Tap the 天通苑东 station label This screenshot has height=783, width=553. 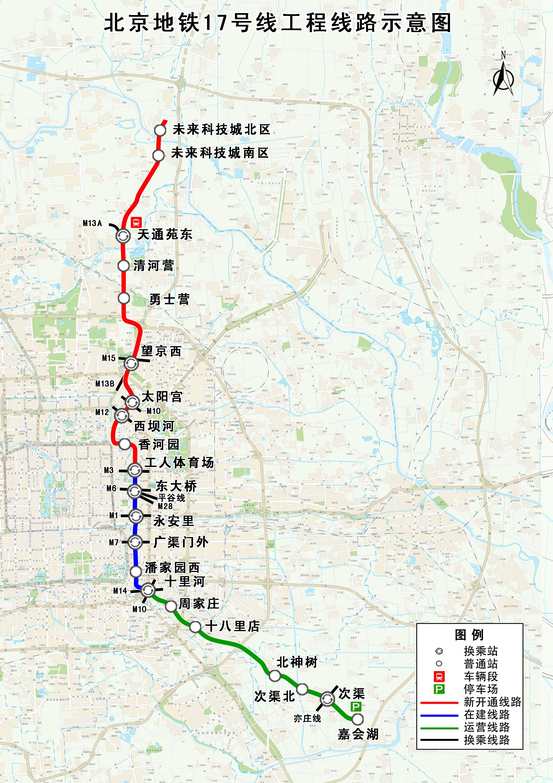click(165, 234)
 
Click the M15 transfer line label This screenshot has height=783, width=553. click(109, 358)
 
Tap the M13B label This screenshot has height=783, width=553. click(105, 384)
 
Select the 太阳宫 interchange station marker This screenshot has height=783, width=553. click(132, 402)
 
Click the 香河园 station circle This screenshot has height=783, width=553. click(124, 444)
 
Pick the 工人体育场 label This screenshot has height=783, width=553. click(179, 463)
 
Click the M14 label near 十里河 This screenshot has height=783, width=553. click(120, 591)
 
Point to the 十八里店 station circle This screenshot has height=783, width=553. click(195, 626)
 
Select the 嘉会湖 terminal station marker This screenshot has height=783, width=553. click(358, 719)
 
